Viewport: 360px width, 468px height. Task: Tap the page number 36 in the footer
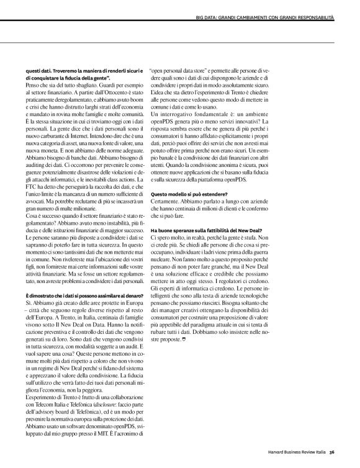pyautogui.click(x=333, y=451)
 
